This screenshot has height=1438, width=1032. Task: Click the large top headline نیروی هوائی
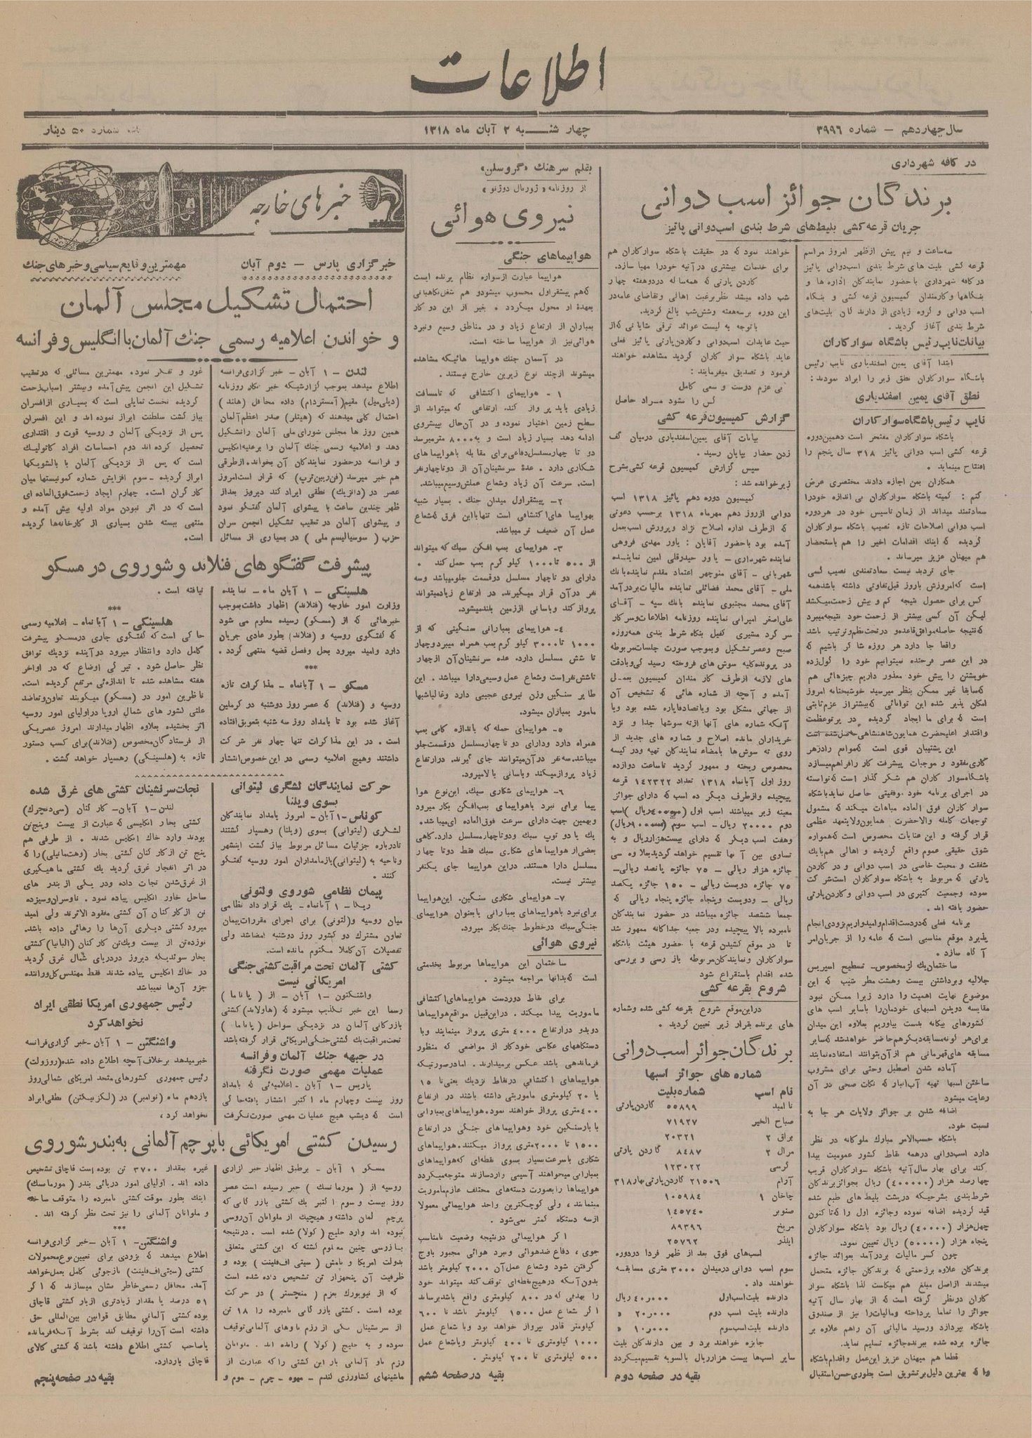[x=508, y=217]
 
